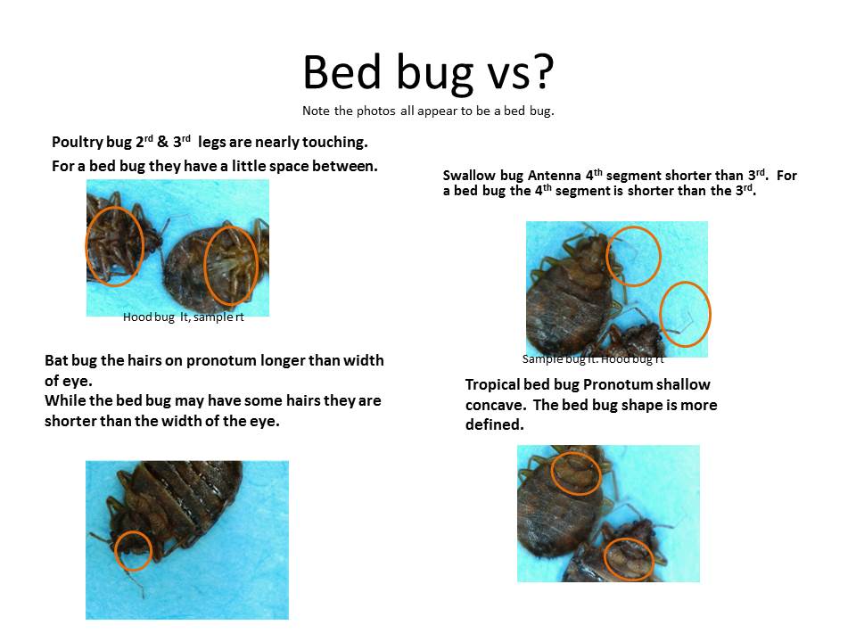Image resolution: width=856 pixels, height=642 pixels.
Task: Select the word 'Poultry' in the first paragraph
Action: (x=77, y=143)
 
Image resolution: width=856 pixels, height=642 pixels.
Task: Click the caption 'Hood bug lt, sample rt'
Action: (x=183, y=317)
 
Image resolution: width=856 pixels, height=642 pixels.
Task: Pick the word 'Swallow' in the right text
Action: (x=469, y=176)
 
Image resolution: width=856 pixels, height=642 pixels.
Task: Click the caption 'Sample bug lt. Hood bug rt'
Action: (x=593, y=359)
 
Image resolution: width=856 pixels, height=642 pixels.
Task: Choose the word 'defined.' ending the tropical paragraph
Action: (x=494, y=425)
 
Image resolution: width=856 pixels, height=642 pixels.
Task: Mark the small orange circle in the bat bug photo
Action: (x=133, y=550)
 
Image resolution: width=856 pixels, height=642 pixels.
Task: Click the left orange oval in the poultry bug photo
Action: (x=114, y=245)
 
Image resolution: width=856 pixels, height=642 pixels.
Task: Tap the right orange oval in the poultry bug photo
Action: (x=230, y=265)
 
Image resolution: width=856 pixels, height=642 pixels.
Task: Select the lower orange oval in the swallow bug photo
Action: (x=686, y=314)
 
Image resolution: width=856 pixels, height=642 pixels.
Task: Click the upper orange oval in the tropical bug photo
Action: (x=575, y=473)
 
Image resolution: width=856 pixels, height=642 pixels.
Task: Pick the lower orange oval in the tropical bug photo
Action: (x=629, y=557)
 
